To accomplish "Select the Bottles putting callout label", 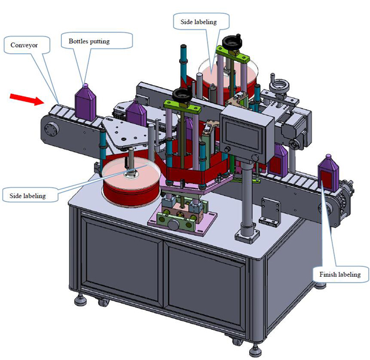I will click(97, 42).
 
